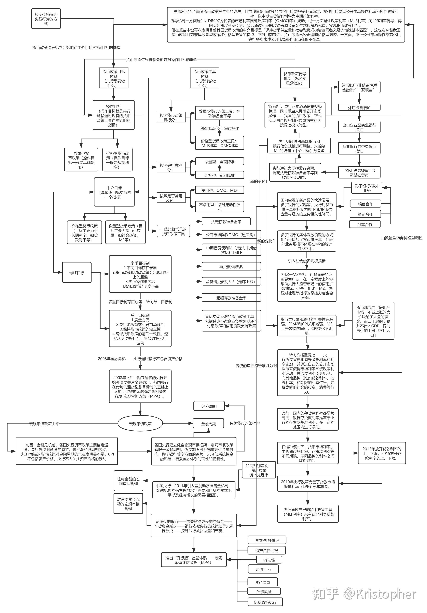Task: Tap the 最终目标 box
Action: coord(77,273)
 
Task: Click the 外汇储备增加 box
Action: coord(359,108)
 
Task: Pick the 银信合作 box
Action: coord(365,204)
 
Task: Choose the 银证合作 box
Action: coord(365,214)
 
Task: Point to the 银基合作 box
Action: coord(365,225)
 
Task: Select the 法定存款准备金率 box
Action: coord(226,222)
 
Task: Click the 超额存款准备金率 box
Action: coord(231,298)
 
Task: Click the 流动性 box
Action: coord(269,560)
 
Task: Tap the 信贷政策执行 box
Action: coord(265,602)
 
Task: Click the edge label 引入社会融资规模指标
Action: coord(307,261)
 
